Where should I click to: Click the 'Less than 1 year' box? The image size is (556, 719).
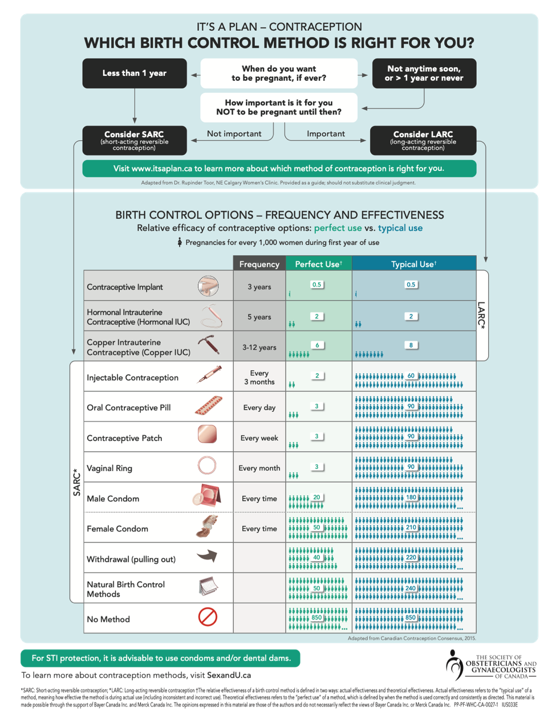135,73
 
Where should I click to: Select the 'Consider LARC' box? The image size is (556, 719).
423,140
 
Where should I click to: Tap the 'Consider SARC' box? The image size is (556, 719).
135,140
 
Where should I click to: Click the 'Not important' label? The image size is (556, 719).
234,134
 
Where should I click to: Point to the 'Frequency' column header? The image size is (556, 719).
259,264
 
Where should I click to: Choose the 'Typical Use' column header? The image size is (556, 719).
413,264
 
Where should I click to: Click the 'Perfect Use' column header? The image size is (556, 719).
318,264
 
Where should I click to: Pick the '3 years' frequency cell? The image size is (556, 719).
259,287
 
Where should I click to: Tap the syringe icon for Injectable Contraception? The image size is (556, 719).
209,375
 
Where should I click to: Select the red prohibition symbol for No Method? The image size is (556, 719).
208,617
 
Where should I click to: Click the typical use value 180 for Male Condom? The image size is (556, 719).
411,497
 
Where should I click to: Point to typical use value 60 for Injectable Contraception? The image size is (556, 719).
411,376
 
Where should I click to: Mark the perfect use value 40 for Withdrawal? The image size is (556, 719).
316,558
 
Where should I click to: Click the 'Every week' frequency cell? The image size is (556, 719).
259,438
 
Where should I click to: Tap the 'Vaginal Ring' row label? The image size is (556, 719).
109,468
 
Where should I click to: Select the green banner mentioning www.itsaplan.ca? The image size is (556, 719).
279,169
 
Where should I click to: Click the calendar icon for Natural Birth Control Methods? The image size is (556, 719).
208,586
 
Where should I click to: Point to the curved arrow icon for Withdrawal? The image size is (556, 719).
207,556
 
